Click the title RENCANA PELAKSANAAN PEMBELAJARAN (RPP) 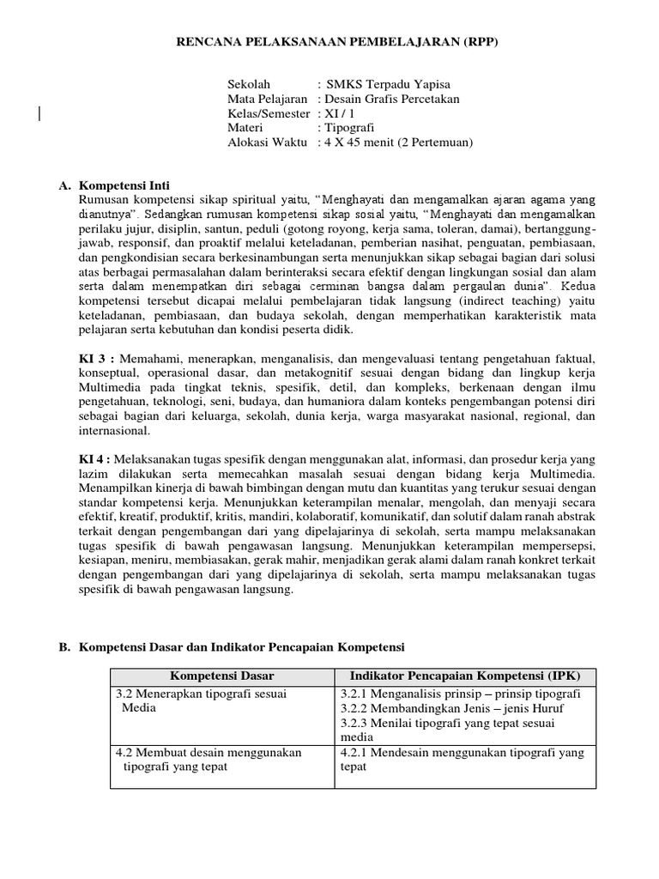[329, 40]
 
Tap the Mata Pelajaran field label [267, 99]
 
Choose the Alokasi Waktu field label [265, 142]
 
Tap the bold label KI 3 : [97, 355]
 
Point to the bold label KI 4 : [97, 459]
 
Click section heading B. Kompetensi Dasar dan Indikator [232, 646]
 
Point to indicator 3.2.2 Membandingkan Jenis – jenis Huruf [452, 708]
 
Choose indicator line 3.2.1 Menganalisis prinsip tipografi [460, 693]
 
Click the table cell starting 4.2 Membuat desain [209, 752]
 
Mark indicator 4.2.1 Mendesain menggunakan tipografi [462, 752]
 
